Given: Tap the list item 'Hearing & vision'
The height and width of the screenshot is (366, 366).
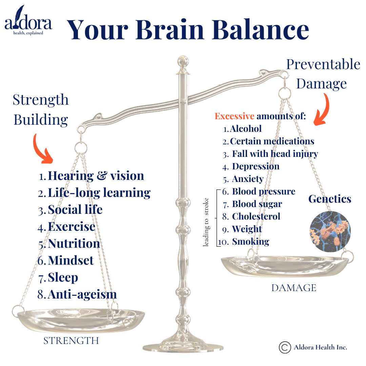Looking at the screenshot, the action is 96,176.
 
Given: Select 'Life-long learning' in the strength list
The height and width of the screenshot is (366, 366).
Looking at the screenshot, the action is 99,193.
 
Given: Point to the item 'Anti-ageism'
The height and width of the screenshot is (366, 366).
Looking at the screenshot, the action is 82,294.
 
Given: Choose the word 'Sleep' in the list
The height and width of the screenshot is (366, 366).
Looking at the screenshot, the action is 63,278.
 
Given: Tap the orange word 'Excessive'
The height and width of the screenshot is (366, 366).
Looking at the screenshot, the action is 235,117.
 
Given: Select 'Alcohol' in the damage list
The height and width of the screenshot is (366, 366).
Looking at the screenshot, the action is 246,129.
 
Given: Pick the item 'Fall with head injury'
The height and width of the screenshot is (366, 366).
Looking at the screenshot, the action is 275,154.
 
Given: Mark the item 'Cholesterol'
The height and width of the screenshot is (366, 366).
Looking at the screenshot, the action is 256,216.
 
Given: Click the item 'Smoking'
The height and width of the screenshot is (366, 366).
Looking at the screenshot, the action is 250,242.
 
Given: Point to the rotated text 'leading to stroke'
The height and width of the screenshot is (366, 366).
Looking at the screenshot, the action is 206,222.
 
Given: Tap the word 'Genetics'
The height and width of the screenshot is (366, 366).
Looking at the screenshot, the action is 329,199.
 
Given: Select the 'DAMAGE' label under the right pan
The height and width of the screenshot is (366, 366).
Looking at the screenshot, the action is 293,288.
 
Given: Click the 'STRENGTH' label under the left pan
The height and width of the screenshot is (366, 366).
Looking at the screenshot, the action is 71,341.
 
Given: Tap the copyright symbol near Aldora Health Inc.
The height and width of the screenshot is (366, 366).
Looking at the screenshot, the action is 285,347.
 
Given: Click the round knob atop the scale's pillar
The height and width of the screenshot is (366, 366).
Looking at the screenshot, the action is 183,63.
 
